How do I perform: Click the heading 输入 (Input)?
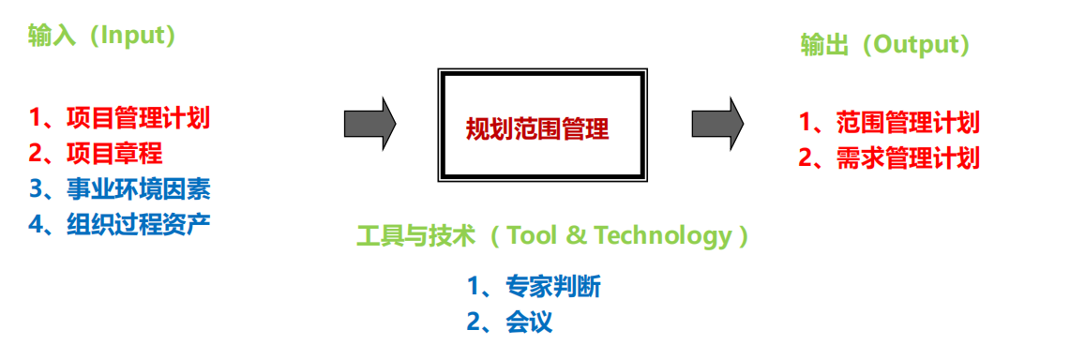click(102, 37)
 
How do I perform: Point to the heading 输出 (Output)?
click(884, 45)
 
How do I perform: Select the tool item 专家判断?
click(552, 286)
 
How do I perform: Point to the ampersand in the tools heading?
click(576, 235)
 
